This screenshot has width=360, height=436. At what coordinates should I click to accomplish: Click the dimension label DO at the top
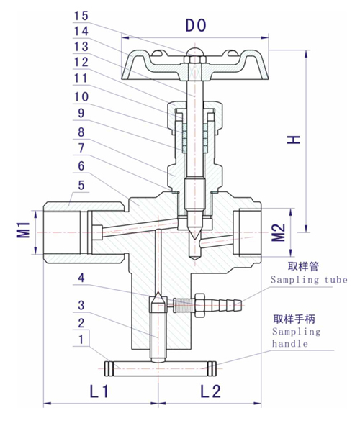(x=194, y=26)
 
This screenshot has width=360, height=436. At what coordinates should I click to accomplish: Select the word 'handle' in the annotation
(x=289, y=344)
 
